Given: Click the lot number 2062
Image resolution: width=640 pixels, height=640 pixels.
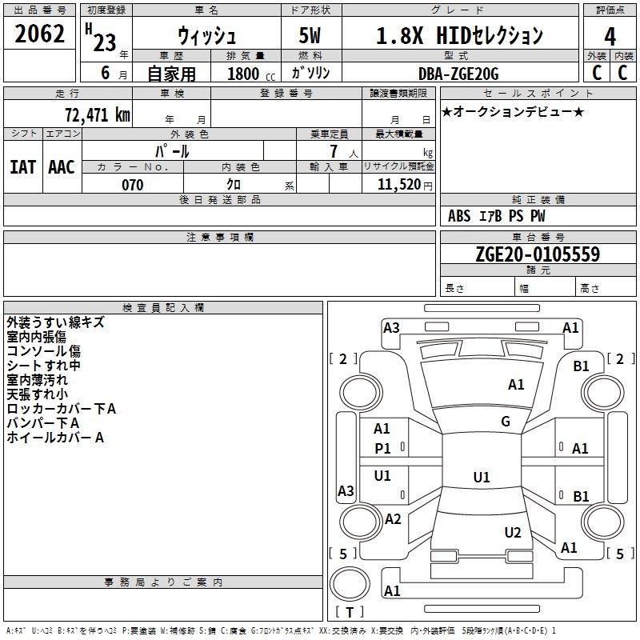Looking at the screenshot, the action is click(39, 34).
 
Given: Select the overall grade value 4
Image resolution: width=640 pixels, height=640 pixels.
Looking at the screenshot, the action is click(610, 37).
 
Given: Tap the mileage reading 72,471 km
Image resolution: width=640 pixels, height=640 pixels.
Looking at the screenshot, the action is click(98, 114).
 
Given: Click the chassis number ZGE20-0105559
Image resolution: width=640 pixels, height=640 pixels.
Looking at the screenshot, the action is click(538, 254).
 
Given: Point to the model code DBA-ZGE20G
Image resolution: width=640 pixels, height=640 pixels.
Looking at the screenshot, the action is click(458, 74).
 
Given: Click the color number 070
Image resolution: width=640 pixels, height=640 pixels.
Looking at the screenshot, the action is click(133, 185).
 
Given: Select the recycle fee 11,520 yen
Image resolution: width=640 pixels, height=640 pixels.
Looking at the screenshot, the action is click(405, 185).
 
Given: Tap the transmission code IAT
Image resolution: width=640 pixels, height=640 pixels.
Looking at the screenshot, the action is click(22, 167).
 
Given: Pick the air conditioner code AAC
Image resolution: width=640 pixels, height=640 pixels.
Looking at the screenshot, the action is click(62, 167).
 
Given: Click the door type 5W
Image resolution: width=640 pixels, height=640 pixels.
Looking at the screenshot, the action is click(310, 35).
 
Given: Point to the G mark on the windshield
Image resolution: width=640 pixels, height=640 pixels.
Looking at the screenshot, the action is click(506, 421).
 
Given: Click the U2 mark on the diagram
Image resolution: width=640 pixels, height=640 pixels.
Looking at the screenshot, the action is click(513, 532).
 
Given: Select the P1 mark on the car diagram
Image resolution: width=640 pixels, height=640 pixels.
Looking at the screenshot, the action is click(382, 449).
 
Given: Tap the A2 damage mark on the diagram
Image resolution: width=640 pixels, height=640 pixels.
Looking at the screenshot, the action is click(393, 518).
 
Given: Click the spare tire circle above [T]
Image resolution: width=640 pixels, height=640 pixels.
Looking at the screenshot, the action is click(350, 583).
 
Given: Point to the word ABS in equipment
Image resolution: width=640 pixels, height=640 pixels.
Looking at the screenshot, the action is click(459, 216).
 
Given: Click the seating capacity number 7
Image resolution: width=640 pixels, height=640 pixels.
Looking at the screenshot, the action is click(334, 151).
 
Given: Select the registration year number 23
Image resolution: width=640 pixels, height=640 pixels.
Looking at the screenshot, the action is click(105, 42).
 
